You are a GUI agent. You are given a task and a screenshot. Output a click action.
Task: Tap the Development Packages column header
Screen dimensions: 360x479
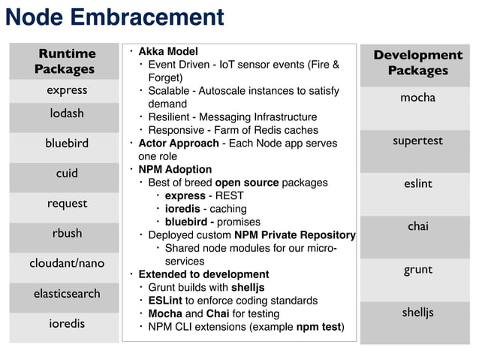click(417, 62)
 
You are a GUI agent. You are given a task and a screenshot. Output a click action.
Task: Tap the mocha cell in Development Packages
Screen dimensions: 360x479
click(417, 98)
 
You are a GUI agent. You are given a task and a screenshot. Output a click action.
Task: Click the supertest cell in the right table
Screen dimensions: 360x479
click(417, 141)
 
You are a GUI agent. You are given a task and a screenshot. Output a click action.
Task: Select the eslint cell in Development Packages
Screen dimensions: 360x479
click(417, 183)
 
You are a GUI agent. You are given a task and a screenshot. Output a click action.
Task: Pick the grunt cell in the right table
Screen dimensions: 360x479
click(417, 269)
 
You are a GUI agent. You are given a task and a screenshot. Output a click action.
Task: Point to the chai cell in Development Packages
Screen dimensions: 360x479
click(417, 226)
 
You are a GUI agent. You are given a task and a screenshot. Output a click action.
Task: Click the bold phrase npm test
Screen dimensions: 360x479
click(318, 327)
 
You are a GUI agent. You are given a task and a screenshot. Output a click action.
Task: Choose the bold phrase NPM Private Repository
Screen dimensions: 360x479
click(294, 235)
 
